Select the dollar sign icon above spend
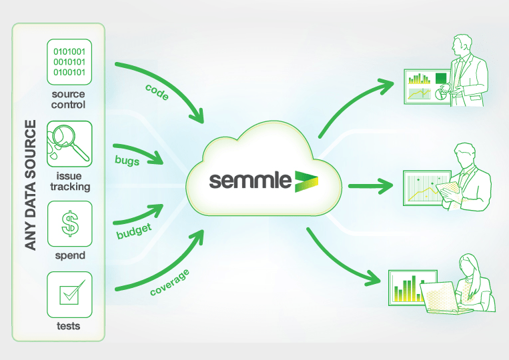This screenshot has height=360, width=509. point(69,223)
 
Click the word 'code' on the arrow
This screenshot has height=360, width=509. point(156,93)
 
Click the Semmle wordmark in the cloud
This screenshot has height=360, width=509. point(250,180)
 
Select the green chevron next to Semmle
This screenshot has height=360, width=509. point(306,181)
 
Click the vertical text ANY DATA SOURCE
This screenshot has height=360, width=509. point(29,185)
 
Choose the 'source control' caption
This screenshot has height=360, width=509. point(69,99)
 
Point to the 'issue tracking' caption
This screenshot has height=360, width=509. point(69,181)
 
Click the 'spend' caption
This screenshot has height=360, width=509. point(69,255)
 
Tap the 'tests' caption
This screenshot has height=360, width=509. point(69,326)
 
